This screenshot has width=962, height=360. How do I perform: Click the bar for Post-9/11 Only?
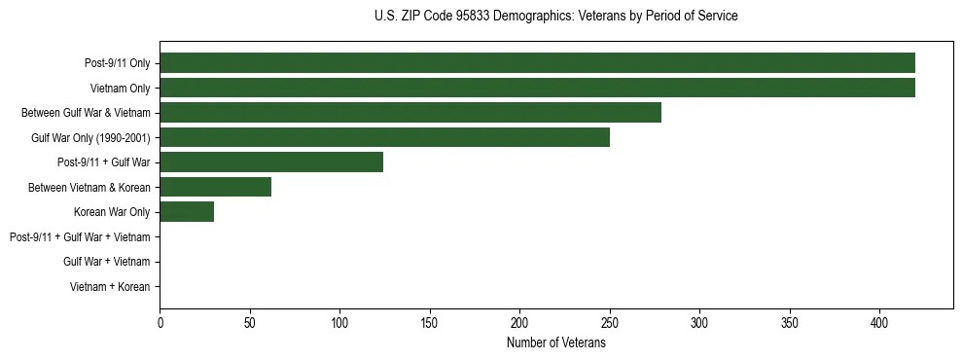pos(537,63)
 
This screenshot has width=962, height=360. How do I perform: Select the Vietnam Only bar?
pos(537,88)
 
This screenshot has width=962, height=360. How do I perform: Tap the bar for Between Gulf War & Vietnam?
pos(410,113)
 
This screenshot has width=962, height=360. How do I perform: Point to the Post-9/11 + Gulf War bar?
pos(271,162)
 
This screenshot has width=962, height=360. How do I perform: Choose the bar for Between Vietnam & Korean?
pos(215,187)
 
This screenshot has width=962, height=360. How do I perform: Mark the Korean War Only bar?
pos(187,212)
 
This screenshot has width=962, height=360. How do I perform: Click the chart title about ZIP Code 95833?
pos(555,17)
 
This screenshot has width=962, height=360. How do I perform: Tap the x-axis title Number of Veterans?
pos(555,342)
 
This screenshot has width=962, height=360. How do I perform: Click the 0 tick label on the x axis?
pos(160,323)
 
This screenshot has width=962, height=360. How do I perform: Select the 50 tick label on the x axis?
pos(250,323)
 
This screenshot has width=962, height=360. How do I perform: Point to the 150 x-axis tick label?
pos(430,323)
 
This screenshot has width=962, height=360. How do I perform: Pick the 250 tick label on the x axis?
pos(610,323)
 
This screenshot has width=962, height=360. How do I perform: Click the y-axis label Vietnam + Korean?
pos(110,287)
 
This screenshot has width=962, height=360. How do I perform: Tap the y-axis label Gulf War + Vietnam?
pos(106,262)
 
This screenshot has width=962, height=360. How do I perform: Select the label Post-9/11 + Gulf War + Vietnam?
pos(80,237)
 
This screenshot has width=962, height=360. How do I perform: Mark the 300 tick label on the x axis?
pos(699,323)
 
